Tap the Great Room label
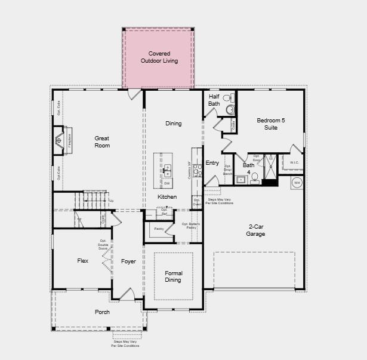(102, 141)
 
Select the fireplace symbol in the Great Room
(59, 141)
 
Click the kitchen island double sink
(167, 171)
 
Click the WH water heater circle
(297, 183)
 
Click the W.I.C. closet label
(294, 162)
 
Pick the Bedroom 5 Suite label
(271, 124)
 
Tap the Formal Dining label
(173, 276)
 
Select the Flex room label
(83, 261)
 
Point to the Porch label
(102, 312)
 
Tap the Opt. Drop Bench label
(227, 170)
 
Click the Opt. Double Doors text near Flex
(103, 245)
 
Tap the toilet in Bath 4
(254, 177)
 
